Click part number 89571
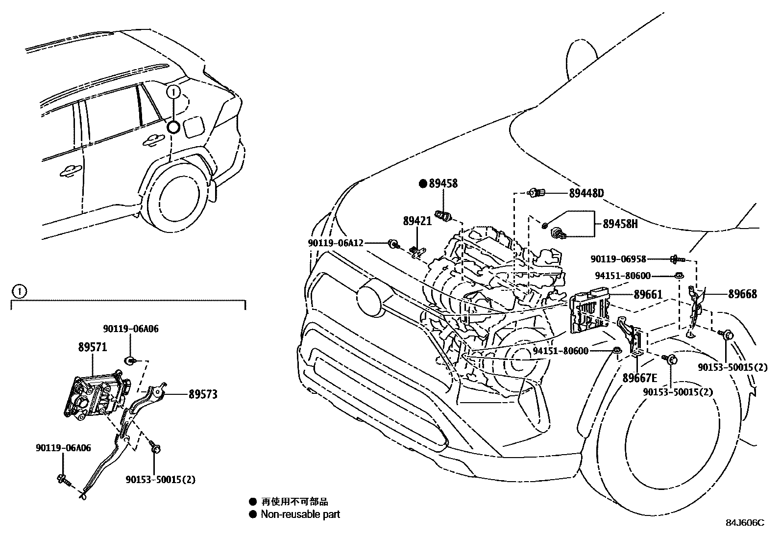[x=93, y=347]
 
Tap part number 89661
[x=648, y=295]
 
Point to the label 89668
[x=742, y=294]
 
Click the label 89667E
[x=639, y=378]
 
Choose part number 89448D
[x=586, y=193]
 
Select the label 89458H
[x=620, y=224]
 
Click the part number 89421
[x=417, y=221]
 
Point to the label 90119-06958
[x=618, y=259]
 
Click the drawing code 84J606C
[x=745, y=523]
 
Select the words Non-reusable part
[x=300, y=514]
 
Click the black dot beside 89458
[x=423, y=183]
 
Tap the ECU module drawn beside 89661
[x=589, y=312]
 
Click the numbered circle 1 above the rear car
[x=174, y=92]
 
